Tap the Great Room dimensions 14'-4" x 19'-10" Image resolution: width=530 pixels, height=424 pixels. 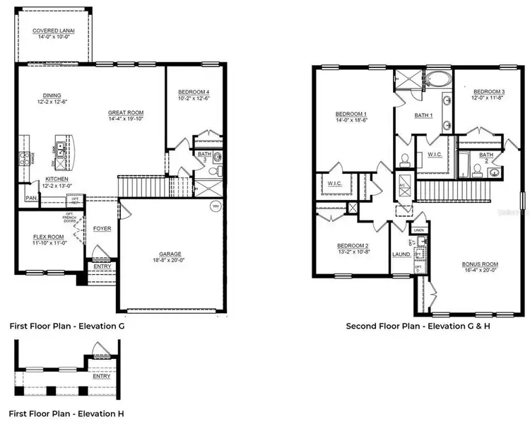point(126,119)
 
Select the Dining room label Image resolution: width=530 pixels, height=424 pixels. point(51,95)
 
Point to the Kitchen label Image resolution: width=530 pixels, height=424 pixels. point(57,179)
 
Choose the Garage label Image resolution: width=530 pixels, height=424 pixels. point(170,254)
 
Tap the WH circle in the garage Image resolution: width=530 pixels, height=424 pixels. point(215,207)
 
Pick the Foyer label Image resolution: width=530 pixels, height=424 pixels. point(102,229)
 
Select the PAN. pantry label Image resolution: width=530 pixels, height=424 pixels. point(32,199)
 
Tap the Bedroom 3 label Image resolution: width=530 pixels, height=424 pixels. point(488,92)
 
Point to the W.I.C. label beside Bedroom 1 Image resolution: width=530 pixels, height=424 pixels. point(335,184)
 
